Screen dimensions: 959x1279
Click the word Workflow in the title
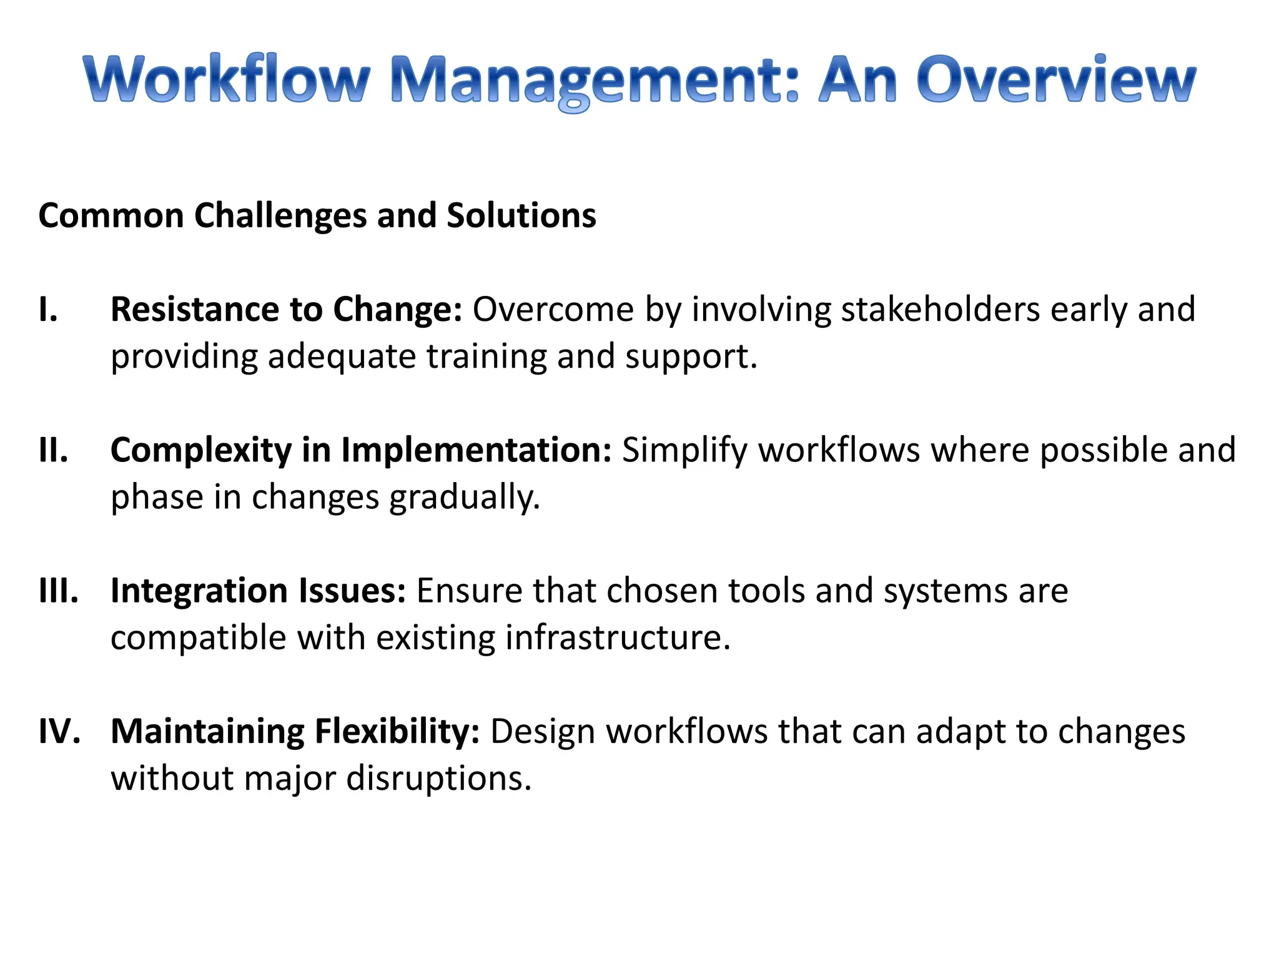click(226, 79)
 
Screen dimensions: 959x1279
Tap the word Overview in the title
click(1055, 79)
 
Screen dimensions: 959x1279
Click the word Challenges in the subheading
click(280, 216)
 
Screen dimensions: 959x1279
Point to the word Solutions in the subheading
click(521, 216)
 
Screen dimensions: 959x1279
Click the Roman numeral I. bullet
click(49, 310)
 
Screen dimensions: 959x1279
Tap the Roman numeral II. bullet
click(54, 450)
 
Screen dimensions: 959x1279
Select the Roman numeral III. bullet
click(59, 591)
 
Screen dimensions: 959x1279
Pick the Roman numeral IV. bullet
click(60, 731)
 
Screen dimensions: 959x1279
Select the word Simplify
click(684, 450)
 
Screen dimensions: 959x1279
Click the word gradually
click(465, 498)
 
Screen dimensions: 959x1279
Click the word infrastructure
click(618, 638)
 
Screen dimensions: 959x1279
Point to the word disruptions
click(438, 779)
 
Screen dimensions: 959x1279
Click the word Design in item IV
click(542, 731)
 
